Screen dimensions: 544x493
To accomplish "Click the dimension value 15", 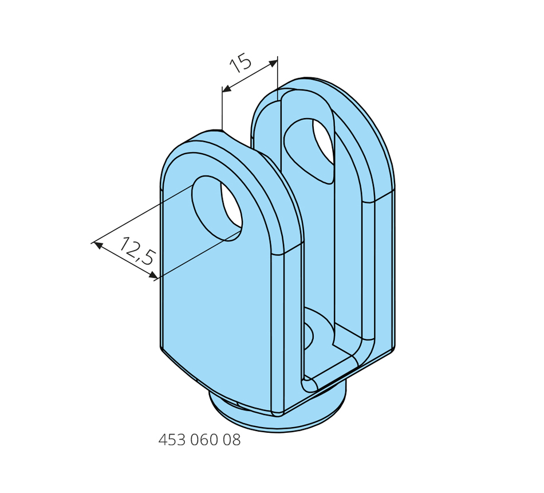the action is [x=240, y=63].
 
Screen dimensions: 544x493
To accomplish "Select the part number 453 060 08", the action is [x=199, y=440].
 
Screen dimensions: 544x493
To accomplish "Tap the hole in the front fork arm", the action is [x=218, y=209].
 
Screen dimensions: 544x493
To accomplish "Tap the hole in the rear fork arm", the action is [x=309, y=150].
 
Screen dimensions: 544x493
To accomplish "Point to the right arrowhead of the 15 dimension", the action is [x=273, y=63].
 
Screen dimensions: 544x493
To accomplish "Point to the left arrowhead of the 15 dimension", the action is [x=227, y=89].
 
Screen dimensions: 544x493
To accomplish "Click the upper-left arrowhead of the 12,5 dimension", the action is [x=98, y=245].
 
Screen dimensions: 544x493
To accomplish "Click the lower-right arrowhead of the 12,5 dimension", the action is [x=153, y=276].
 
